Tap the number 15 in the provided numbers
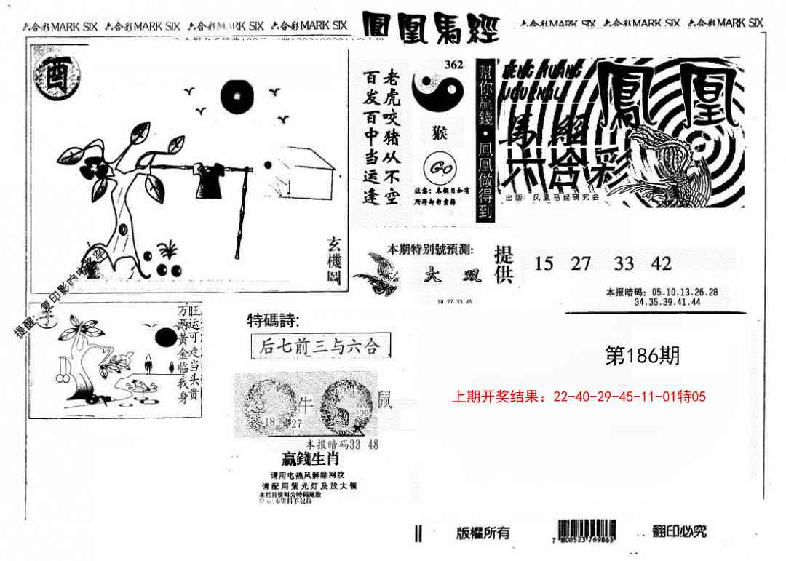544,263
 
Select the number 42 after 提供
662,263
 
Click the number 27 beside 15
581,263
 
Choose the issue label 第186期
643,355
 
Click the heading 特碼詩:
273,320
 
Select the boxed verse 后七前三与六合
319,347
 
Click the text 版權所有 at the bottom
483,533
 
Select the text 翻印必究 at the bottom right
679,531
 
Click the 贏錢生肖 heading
311,460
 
